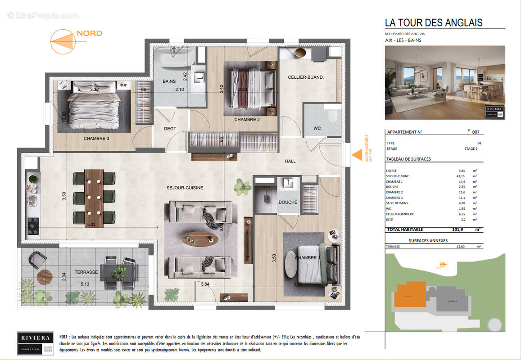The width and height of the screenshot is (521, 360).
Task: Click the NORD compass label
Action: point(89,33)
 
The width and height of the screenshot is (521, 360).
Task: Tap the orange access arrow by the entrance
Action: point(357,155)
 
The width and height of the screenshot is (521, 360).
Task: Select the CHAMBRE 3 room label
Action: point(96,139)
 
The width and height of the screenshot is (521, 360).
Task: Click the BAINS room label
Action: point(169,81)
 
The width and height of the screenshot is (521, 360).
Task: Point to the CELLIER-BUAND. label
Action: point(306,77)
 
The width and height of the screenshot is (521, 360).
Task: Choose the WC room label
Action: point(317,128)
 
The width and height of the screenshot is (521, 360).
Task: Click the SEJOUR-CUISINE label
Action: point(185,188)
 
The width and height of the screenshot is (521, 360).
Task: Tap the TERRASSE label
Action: point(86,272)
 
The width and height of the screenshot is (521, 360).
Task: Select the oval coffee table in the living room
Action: point(199,238)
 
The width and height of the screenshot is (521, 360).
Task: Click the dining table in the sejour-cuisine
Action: point(95,197)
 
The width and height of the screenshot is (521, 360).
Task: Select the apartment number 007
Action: point(476,132)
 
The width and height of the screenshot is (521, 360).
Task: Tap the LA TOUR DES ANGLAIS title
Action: point(434,22)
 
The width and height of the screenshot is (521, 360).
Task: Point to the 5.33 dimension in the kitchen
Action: point(91,225)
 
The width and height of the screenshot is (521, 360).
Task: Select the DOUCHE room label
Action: point(288,202)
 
